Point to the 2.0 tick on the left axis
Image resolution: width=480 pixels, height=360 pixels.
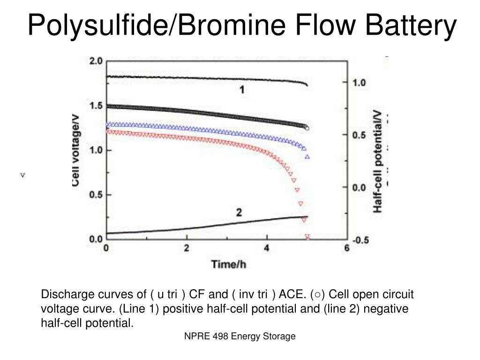(x=96, y=61)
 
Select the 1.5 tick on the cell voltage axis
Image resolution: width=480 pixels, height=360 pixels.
(x=96, y=106)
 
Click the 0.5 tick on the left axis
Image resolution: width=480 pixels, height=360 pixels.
(x=96, y=195)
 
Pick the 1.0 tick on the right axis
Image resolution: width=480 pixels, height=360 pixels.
(x=359, y=82)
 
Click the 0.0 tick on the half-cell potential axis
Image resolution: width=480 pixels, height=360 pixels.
(x=359, y=187)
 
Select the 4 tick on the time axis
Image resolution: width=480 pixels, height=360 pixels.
(x=267, y=248)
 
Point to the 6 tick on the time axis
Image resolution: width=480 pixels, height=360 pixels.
(x=347, y=248)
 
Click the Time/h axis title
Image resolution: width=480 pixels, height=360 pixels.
(x=229, y=264)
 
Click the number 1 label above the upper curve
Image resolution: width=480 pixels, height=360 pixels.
(x=242, y=90)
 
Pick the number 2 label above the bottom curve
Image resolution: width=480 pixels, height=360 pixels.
(x=239, y=213)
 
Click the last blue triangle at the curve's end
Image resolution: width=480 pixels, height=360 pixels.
(x=307, y=157)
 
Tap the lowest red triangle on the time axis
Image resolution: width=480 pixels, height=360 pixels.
(x=307, y=237)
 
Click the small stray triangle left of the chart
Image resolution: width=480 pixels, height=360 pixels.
(x=22, y=175)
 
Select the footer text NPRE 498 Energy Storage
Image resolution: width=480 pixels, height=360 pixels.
(x=240, y=336)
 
